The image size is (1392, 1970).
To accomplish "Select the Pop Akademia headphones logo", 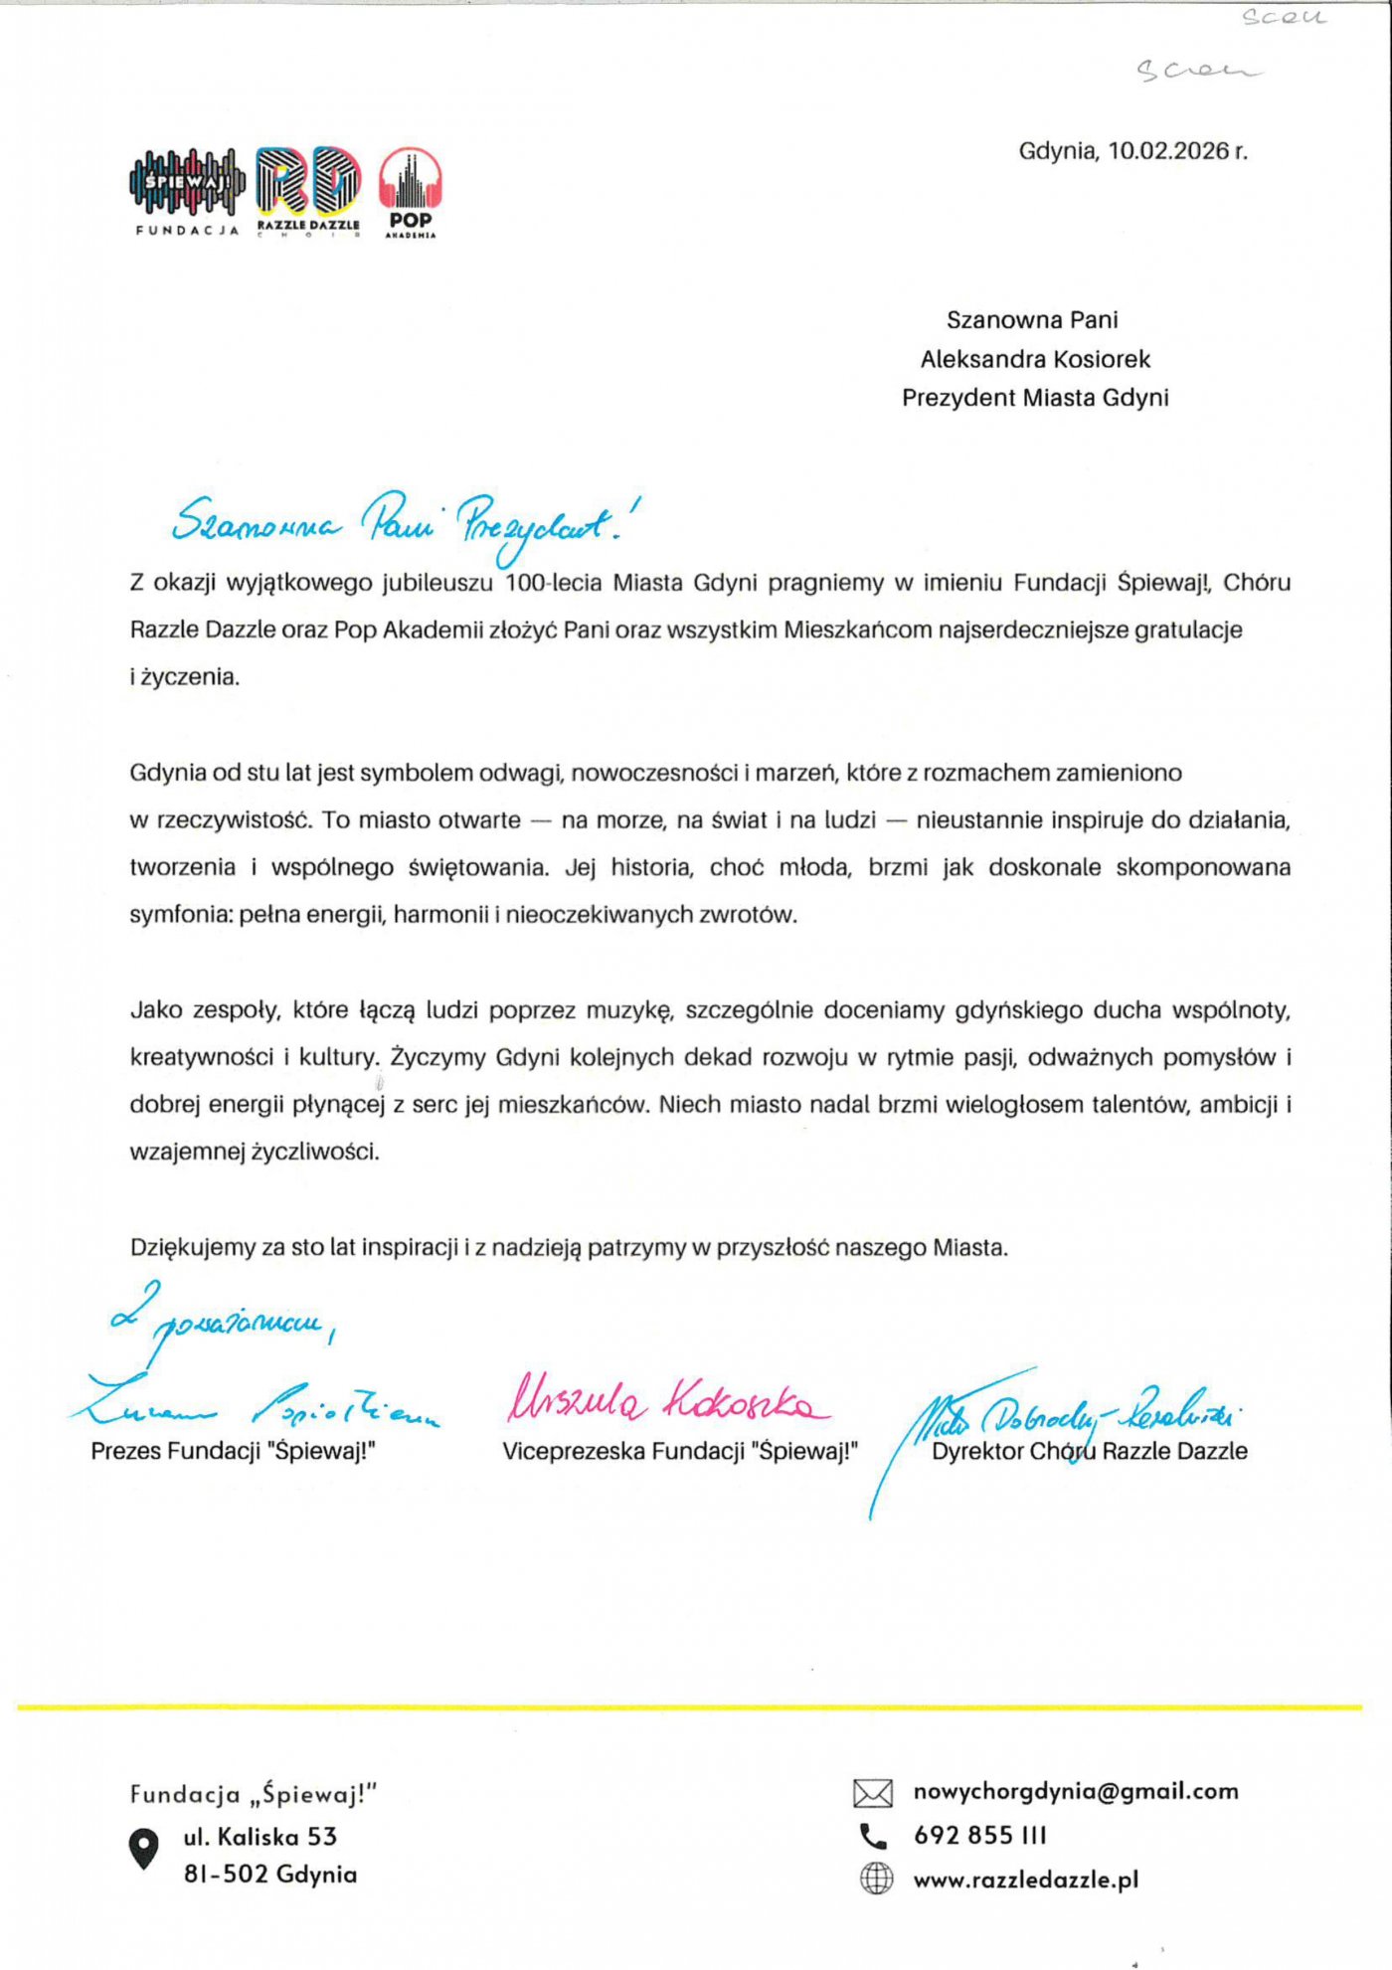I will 411,191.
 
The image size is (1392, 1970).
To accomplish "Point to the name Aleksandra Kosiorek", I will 1035,359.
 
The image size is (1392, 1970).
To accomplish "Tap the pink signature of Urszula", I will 666,1399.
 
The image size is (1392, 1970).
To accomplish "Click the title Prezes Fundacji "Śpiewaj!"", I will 233,1451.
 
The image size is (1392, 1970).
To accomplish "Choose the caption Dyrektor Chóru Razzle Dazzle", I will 1089,1451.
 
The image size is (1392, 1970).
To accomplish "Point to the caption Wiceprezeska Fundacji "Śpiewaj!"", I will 679,1451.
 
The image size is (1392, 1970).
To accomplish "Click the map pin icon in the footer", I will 144,1848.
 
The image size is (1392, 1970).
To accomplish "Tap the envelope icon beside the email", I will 873,1793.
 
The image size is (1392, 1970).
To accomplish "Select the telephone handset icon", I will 873,1836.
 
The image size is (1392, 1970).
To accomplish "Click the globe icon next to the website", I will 876,1879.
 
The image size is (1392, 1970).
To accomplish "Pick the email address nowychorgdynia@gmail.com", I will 1076,1791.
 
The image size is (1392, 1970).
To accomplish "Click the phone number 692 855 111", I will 980,1835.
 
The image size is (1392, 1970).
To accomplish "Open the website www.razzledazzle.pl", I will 1026,1880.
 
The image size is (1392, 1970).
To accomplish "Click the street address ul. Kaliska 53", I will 261,1837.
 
